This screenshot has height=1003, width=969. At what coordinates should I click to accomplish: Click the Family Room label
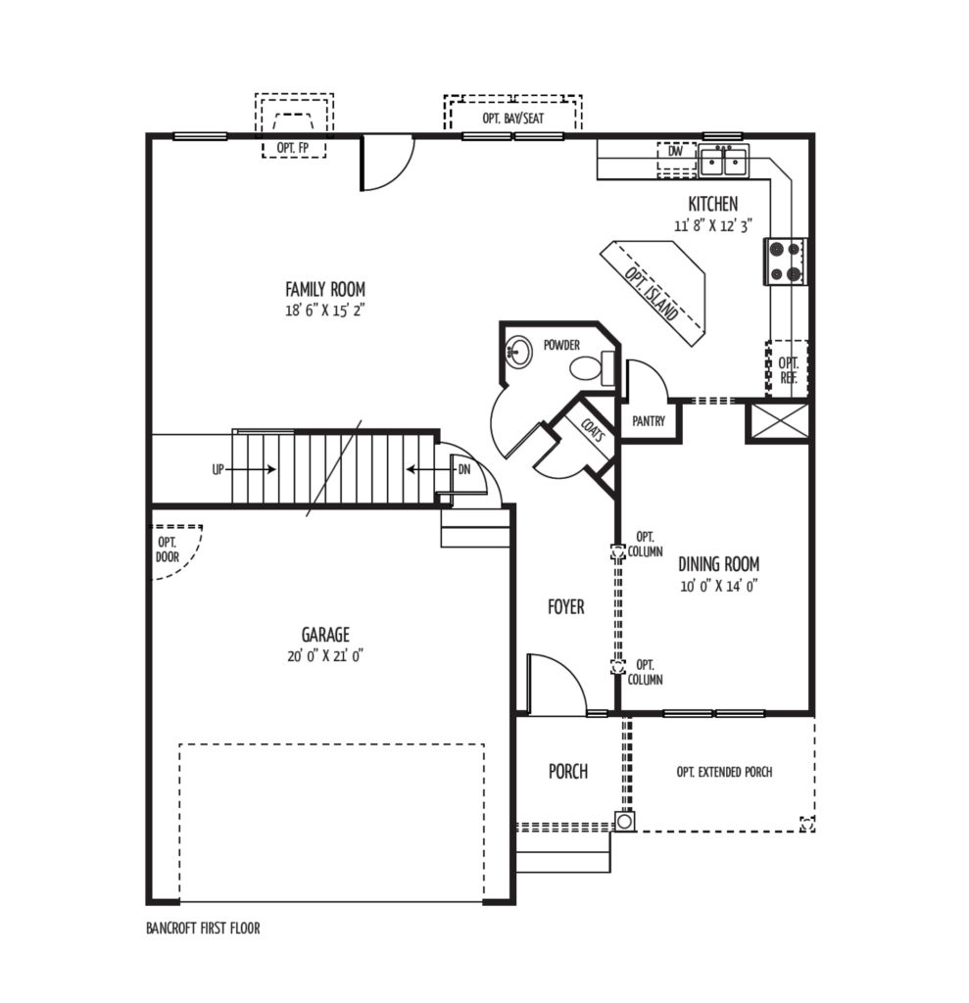(325, 289)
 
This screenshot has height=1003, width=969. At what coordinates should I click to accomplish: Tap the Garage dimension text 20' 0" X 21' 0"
(325, 655)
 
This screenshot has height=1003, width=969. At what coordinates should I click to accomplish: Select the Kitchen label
(713, 204)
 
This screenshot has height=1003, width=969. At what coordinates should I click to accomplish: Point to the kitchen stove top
(786, 261)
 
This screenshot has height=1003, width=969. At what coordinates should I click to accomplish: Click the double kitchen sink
(724, 160)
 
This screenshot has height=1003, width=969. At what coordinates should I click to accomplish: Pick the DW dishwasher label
(675, 152)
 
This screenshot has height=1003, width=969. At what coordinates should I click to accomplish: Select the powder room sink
(519, 352)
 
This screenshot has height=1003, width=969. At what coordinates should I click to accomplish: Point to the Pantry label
(649, 421)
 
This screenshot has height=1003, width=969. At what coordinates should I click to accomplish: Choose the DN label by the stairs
(464, 469)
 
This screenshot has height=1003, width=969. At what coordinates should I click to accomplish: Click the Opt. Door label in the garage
(168, 550)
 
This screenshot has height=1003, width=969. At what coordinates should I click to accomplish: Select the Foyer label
(566, 606)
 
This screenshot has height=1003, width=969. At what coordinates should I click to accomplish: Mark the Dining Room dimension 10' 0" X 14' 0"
(719, 586)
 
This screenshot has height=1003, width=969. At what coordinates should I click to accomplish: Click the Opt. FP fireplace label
(293, 148)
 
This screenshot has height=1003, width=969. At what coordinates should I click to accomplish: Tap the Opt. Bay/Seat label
(513, 119)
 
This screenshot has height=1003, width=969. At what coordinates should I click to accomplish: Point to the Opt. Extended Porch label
(724, 772)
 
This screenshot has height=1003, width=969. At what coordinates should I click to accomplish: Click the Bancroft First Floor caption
(204, 929)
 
